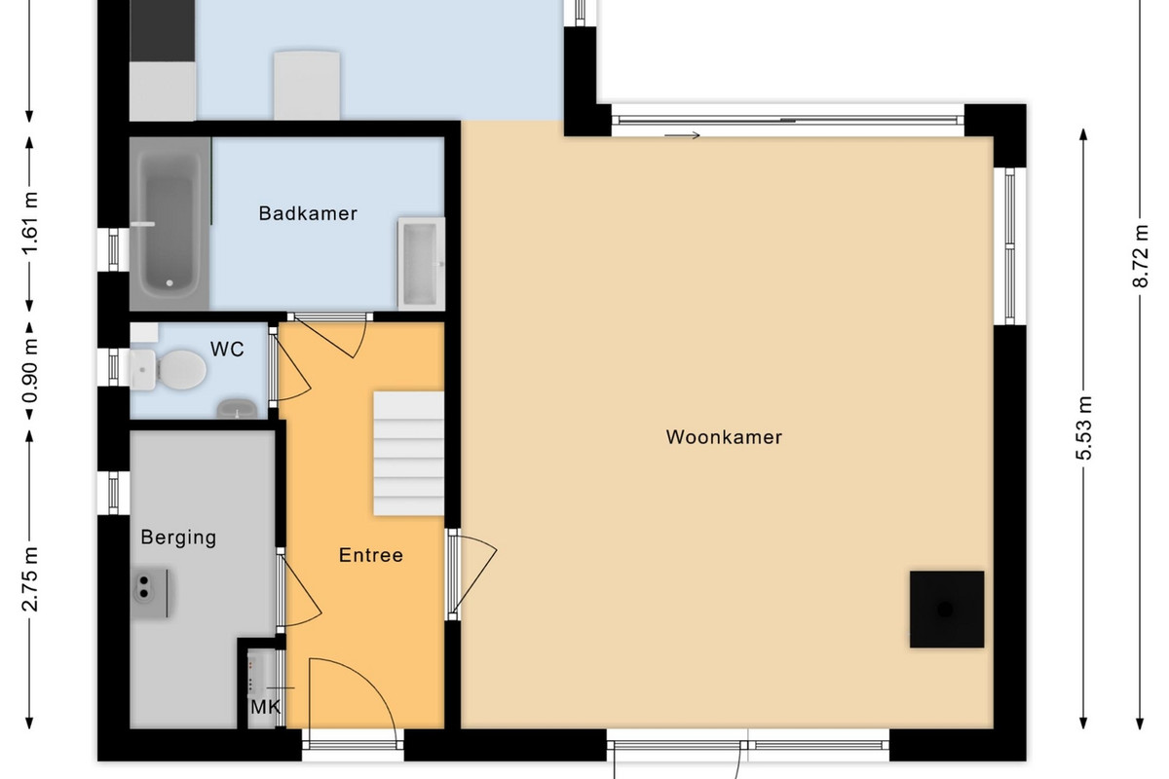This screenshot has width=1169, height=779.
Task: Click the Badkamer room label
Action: coord(308,213)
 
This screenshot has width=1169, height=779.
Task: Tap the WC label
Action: coord(227,349)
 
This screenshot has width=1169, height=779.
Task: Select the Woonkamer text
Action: coord(724,437)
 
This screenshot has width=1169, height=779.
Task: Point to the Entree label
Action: coord(371,555)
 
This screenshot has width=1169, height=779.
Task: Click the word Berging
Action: coord(178,538)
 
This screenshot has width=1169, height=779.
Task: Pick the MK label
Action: coord(266,708)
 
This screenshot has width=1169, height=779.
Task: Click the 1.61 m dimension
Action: coord(30,223)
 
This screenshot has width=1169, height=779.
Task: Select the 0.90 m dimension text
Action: coord(30,371)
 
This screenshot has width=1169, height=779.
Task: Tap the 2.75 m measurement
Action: coord(30,578)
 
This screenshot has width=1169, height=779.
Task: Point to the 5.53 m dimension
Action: coord(1083,428)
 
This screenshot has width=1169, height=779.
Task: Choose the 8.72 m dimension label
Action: coord(1141,256)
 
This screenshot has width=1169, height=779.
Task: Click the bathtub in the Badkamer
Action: coord(170,223)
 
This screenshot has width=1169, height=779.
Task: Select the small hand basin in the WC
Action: coord(237,409)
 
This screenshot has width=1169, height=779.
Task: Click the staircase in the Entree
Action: coord(408,454)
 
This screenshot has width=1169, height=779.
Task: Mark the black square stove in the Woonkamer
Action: coord(947,609)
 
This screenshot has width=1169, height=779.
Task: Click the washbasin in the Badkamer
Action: coord(421,264)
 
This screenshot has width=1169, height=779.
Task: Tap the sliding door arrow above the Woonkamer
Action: coord(682,135)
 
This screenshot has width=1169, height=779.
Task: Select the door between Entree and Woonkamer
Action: coord(472,574)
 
